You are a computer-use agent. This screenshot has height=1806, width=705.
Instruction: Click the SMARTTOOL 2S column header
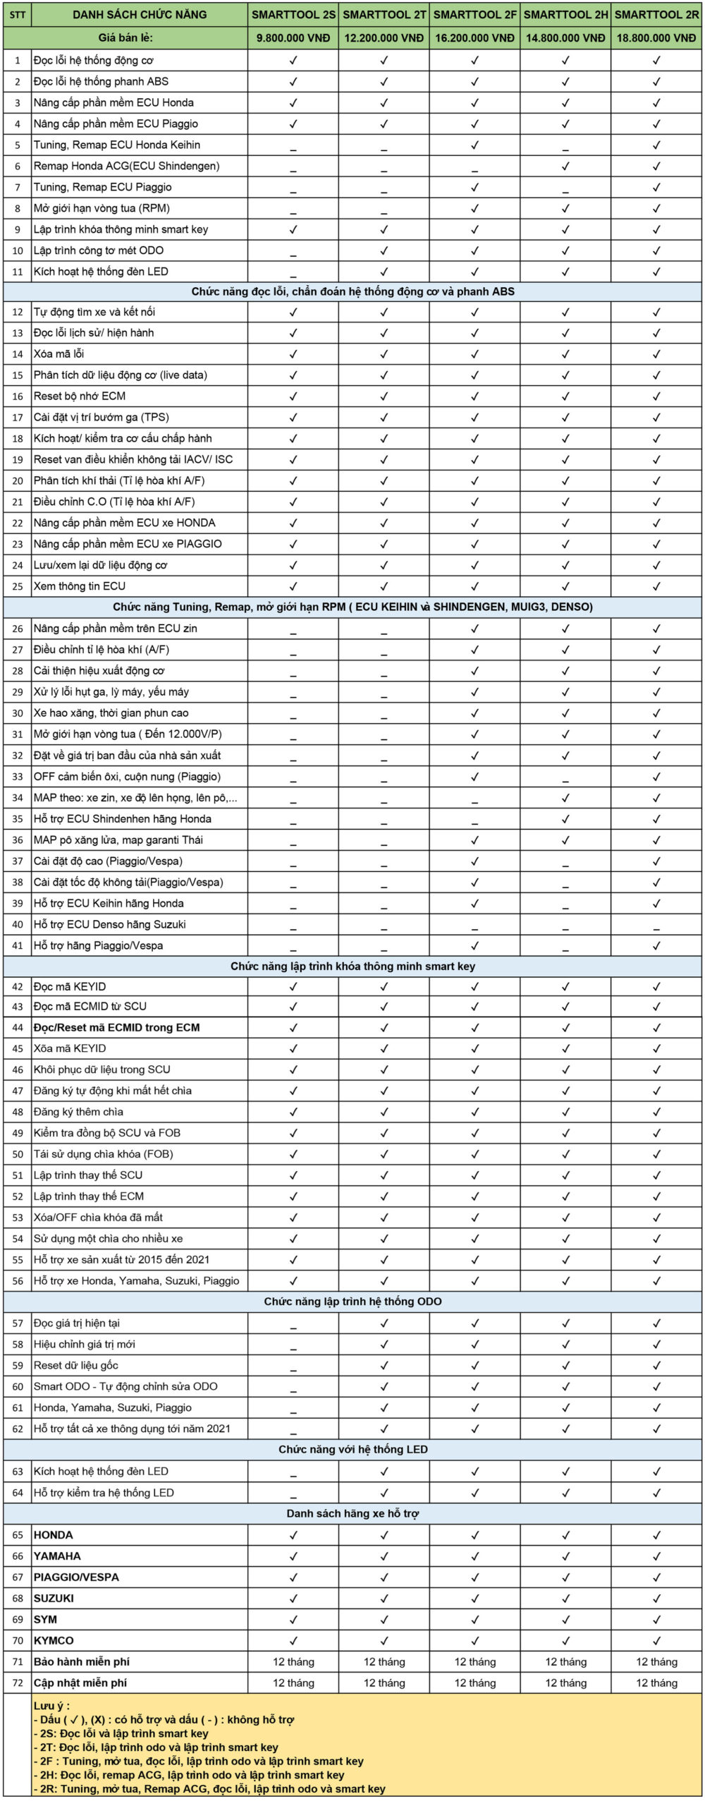(293, 15)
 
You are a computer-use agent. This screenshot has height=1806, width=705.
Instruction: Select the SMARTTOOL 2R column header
(656, 15)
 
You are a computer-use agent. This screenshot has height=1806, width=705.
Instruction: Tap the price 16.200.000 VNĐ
(474, 38)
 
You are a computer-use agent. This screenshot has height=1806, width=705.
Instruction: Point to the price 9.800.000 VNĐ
(293, 38)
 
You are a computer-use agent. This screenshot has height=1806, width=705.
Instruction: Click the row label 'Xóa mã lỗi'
(59, 354)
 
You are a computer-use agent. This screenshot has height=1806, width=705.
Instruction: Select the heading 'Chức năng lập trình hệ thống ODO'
(352, 1302)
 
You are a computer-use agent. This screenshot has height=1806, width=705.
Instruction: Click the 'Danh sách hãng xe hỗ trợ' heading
(352, 1513)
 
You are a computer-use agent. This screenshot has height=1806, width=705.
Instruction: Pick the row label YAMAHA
(57, 1556)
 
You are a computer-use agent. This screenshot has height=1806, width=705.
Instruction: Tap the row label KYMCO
(54, 1640)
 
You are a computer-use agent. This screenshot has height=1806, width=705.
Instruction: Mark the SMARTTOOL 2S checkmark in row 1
(293, 61)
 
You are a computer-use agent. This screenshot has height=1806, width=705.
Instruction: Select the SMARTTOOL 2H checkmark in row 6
(565, 166)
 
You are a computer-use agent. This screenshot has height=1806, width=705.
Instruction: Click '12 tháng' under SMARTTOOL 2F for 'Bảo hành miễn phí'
(474, 1661)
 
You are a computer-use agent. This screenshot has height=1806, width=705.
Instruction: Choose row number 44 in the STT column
(18, 1028)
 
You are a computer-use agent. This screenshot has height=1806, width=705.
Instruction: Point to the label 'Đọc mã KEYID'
(70, 986)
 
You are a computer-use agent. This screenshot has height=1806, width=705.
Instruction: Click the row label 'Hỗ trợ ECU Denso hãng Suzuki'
(109, 924)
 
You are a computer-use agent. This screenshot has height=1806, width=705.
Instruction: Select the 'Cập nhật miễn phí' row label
(81, 1683)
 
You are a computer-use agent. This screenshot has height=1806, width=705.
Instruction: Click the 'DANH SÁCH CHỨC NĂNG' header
(140, 15)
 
